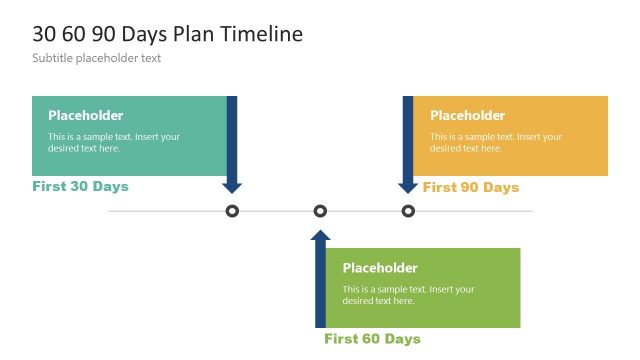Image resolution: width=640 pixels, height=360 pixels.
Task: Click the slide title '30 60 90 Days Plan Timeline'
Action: pos(167,34)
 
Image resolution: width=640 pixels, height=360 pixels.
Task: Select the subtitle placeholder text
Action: pos(96,58)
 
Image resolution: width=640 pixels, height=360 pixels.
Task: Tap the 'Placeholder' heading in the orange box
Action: pos(467,115)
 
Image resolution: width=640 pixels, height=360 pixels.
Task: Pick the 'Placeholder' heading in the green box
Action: pos(380,268)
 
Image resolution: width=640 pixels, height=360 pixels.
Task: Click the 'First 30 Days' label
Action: pos(80,186)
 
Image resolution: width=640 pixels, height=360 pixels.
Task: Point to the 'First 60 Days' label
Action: pos(372,339)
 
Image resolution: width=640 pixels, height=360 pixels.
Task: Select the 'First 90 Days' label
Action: pos(471,187)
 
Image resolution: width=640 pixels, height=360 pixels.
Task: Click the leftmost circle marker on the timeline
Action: pos(232,211)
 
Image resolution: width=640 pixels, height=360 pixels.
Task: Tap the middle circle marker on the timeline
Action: pos(320,211)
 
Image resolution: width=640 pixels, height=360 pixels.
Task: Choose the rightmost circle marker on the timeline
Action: pos(408,211)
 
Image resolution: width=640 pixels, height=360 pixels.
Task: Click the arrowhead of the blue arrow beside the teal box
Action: pos(232,186)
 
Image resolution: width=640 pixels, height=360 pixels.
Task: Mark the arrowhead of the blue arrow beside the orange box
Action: pos(408,186)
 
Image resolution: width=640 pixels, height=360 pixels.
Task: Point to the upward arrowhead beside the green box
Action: pos(320,236)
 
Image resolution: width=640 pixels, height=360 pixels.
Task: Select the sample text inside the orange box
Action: pos(496,142)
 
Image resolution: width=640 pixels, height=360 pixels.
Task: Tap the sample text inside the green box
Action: pos(408,295)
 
